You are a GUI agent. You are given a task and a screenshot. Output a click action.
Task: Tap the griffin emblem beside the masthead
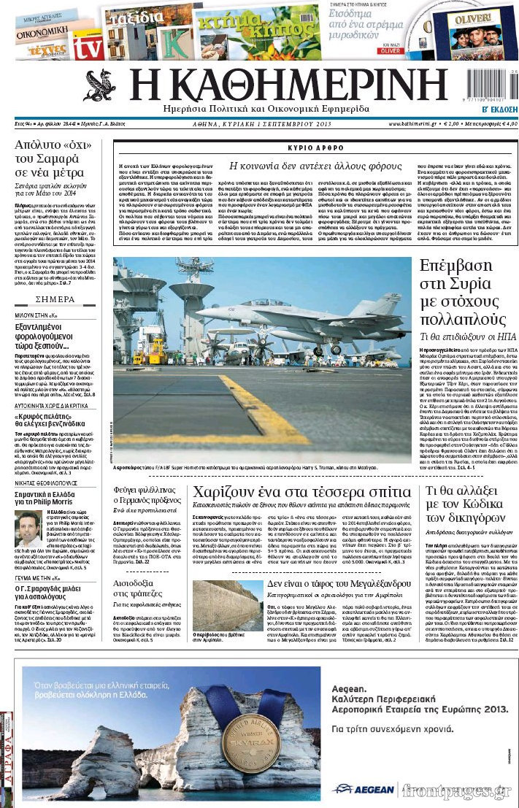coord(99,86)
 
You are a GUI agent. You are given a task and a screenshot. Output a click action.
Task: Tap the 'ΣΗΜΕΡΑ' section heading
coord(55,299)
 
